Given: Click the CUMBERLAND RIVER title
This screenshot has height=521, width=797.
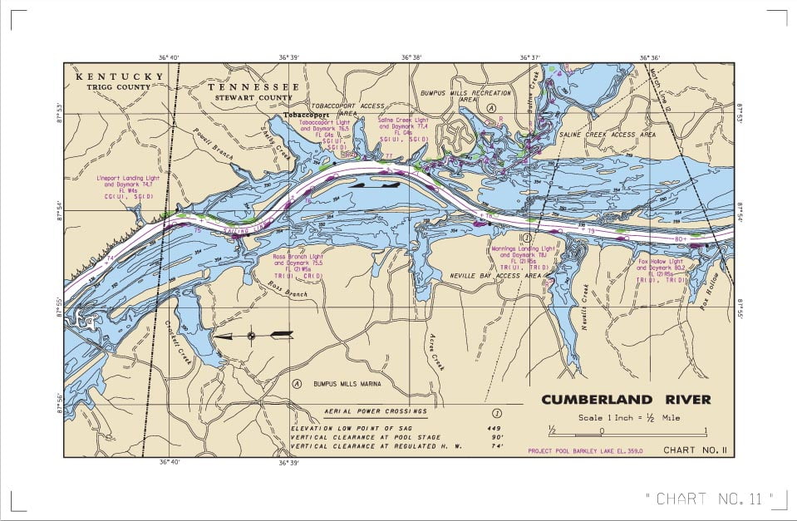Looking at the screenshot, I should (x=626, y=400).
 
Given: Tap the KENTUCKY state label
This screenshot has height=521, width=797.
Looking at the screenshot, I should (x=120, y=76).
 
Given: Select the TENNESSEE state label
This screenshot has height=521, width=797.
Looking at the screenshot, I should (x=253, y=87).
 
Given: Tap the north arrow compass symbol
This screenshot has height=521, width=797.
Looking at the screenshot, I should (x=253, y=336).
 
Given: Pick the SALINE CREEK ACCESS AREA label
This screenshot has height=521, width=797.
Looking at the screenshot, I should (x=608, y=134).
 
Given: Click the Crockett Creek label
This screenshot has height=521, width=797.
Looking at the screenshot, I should (x=180, y=338).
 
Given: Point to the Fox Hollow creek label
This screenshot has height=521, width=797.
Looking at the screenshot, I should (x=710, y=292).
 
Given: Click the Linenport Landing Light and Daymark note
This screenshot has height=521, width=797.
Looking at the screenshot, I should (x=125, y=187).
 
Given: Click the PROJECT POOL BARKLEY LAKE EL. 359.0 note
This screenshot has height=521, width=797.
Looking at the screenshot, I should (x=585, y=451).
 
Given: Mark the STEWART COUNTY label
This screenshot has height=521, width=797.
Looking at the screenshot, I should (x=253, y=97).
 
